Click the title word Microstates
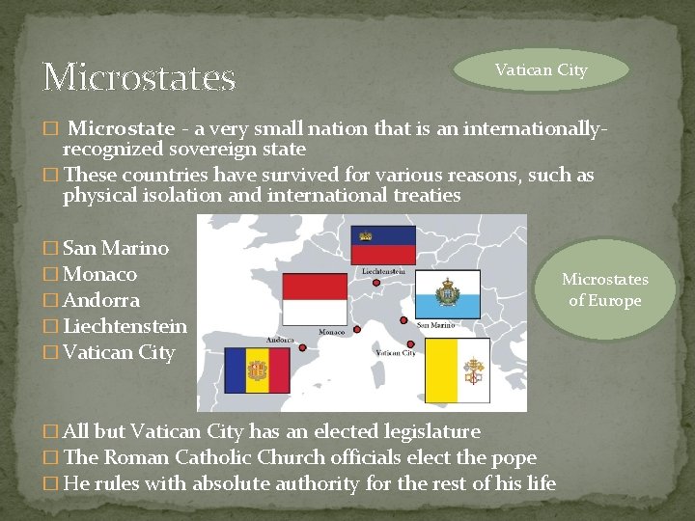pos(139,77)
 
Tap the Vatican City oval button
pos(541,70)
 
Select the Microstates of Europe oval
pos(605,289)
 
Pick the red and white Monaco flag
pos(315,299)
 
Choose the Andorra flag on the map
pos(257,370)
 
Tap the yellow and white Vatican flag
pos(457,370)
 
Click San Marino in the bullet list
pos(115,248)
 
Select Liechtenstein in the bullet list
pos(125,326)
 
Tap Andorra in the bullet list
pos(101,300)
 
